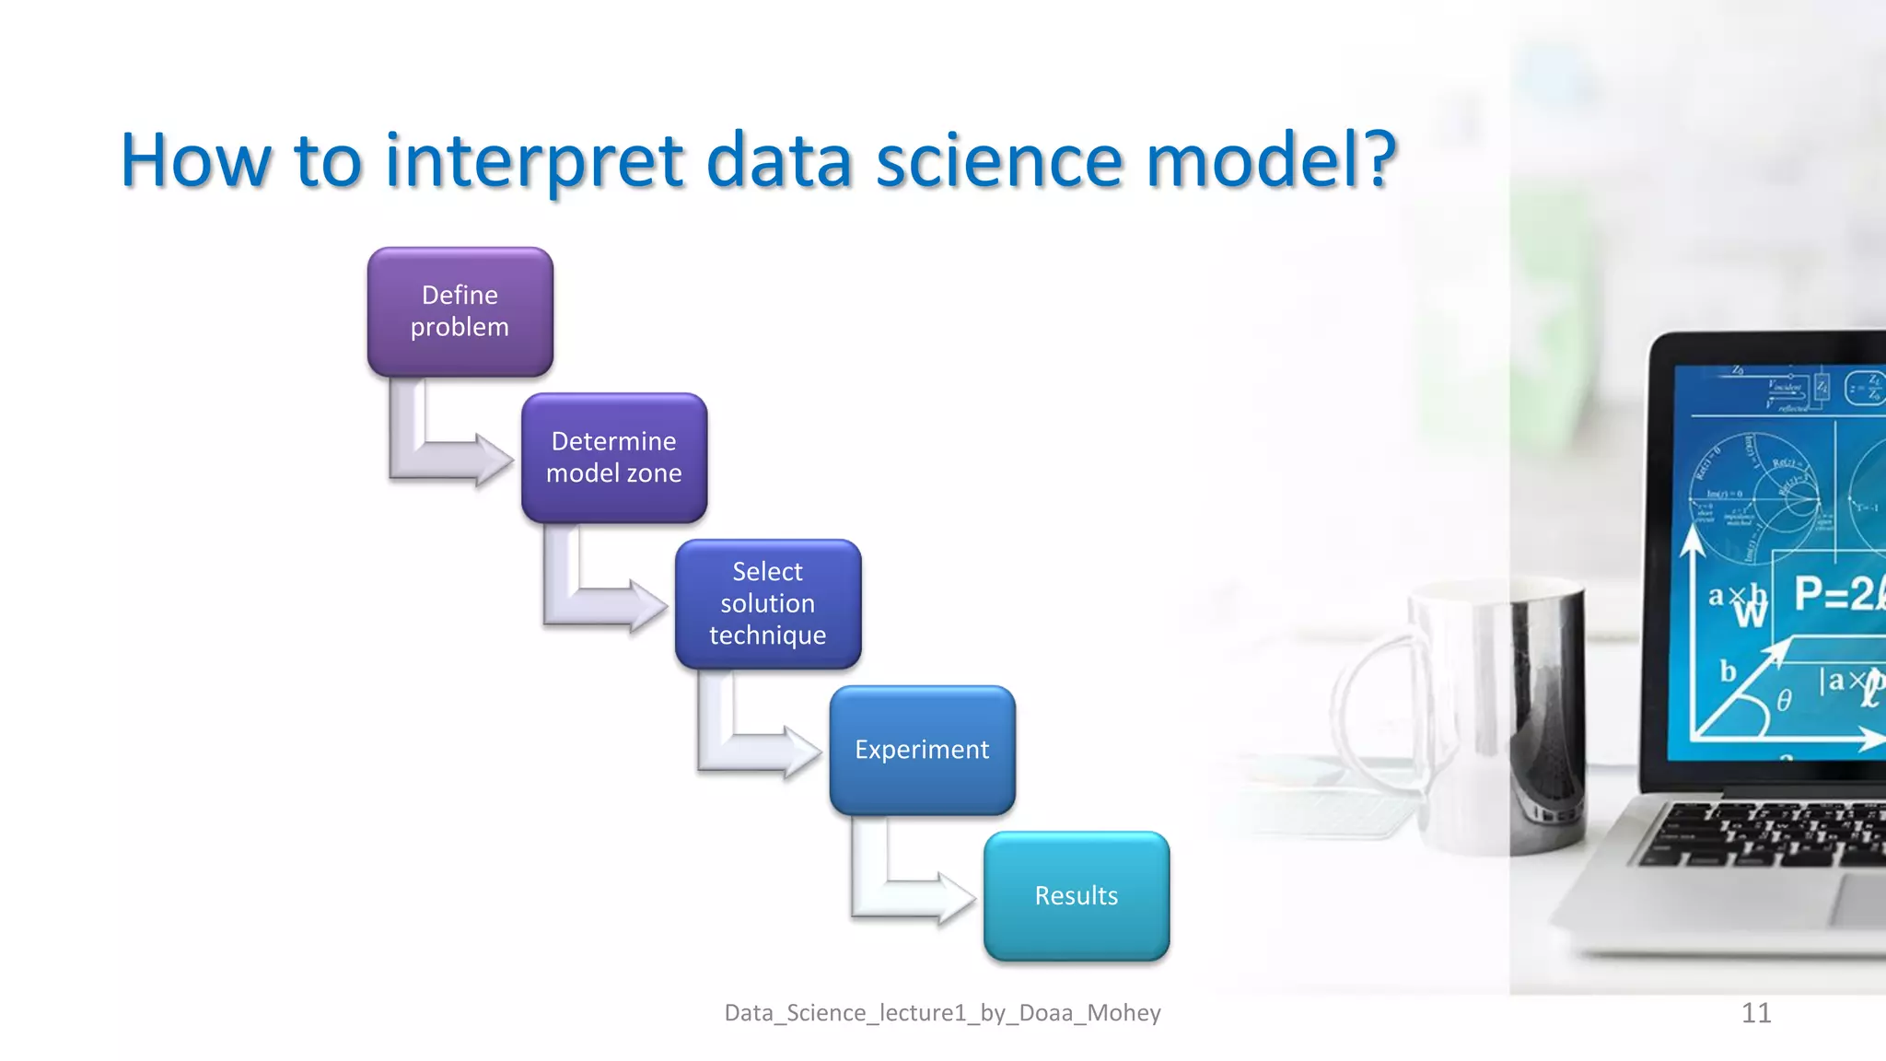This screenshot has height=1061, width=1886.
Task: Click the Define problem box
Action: pos(460,311)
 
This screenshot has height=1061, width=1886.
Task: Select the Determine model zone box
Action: pos(614,458)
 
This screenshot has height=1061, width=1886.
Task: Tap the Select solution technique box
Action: pos(768,604)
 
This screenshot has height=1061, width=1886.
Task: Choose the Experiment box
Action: pos(922,750)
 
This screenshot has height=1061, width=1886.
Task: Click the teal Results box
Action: pos(1077,896)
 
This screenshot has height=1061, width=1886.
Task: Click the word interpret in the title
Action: pos(534,162)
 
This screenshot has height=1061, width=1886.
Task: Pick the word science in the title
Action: pos(999,160)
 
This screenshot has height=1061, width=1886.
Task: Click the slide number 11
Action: pos(1756,1013)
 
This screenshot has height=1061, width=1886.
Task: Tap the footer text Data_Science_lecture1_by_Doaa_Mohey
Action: pos(942,1013)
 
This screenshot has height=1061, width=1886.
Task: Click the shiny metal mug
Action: pos(1501,709)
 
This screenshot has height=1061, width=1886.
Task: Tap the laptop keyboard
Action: pos(1768,834)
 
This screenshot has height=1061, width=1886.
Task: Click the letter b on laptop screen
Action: pos(1729,671)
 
